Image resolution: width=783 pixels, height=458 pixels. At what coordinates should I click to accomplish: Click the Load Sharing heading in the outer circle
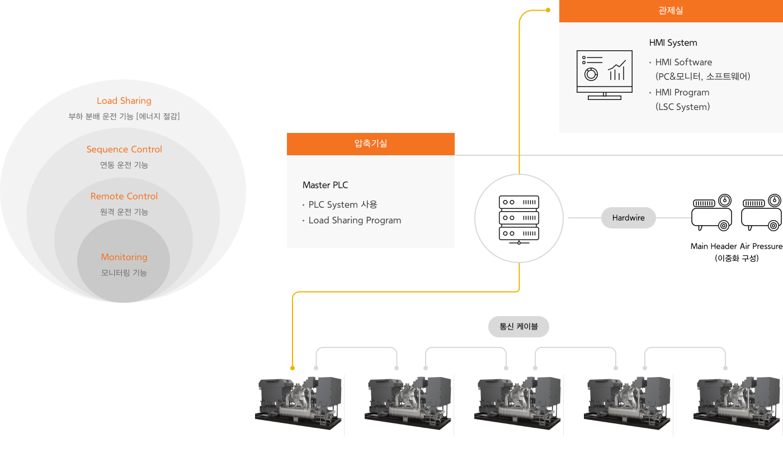pos(124,101)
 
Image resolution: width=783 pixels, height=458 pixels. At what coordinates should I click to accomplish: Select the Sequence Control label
pos(124,150)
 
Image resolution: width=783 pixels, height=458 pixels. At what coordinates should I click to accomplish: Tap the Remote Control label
pos(124,197)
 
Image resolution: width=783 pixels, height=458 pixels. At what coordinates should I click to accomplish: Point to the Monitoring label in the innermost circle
pos(124,257)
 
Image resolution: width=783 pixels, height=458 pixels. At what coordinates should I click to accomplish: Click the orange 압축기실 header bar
pos(370,144)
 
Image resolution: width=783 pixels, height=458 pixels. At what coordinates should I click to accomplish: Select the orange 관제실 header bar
pos(671,11)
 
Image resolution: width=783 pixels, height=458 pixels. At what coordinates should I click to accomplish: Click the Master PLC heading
pos(326,185)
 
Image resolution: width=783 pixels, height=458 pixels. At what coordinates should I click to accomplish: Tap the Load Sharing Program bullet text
pos(355,221)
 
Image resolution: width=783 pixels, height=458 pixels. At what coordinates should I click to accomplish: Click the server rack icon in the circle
pos(519,218)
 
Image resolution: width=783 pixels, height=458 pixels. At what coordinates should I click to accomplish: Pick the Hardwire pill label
pos(628,218)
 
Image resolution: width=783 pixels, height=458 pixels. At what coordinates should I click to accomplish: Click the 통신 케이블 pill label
pos(518,327)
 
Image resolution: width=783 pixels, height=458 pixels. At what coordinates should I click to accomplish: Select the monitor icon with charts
pos(605,75)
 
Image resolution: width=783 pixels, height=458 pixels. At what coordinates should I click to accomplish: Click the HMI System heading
pos(673,43)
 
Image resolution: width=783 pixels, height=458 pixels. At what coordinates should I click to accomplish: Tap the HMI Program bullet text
pos(682,93)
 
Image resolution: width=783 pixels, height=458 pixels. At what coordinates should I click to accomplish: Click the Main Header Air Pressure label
pos(736,246)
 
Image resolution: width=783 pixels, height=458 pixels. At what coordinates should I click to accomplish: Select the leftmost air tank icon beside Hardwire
pos(712,213)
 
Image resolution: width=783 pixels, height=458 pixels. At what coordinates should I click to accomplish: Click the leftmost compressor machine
pos(299,403)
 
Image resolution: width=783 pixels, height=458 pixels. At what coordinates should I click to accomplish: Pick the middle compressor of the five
pos(518,403)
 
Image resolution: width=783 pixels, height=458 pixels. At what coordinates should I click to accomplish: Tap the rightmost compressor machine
pos(737,403)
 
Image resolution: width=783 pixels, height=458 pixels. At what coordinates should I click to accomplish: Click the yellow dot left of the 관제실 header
pos(548,10)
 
